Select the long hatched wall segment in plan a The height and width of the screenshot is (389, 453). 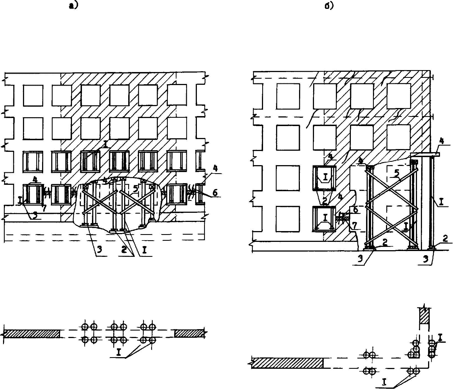(32, 333)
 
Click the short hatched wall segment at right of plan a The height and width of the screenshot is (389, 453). (190, 333)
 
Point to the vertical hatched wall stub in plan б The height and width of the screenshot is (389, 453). (424, 316)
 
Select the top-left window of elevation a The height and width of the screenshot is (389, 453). (33, 95)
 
